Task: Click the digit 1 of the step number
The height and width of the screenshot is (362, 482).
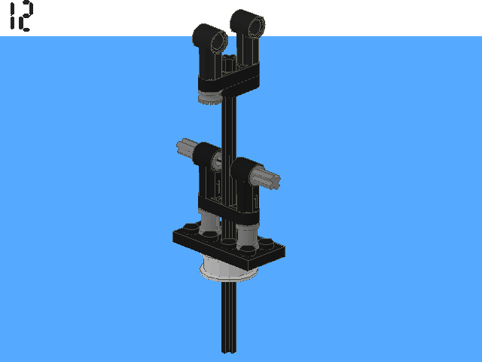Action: point(13,15)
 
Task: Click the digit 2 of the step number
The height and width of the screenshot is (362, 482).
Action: point(25,16)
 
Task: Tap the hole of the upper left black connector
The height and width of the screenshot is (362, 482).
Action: point(218,41)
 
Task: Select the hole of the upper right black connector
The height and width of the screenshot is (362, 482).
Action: point(256,27)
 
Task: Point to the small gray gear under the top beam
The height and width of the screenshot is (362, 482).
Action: point(210,99)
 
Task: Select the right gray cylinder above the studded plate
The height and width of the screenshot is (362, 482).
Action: point(248,236)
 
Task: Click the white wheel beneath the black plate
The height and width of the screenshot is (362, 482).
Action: point(228,268)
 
